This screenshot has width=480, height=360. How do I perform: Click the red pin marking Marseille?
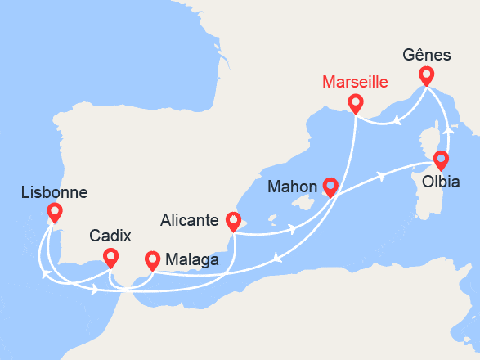(x=355, y=103)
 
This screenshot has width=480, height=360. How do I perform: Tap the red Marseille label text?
(x=355, y=83)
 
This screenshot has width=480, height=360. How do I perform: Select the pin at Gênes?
(x=426, y=76)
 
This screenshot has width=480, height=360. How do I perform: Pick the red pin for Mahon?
(x=330, y=187)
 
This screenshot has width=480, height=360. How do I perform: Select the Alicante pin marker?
(x=234, y=221)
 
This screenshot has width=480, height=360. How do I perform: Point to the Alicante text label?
(x=189, y=220)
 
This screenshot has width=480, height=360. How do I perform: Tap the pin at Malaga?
(x=152, y=260)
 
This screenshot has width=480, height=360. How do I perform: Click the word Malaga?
(x=191, y=260)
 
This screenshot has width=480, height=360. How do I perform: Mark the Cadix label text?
(x=110, y=236)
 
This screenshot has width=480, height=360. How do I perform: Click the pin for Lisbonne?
(x=55, y=213)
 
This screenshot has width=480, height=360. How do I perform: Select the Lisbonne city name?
(x=55, y=193)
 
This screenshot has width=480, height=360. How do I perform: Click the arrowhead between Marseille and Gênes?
(x=397, y=121)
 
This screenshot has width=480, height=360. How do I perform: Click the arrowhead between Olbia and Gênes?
(x=446, y=128)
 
